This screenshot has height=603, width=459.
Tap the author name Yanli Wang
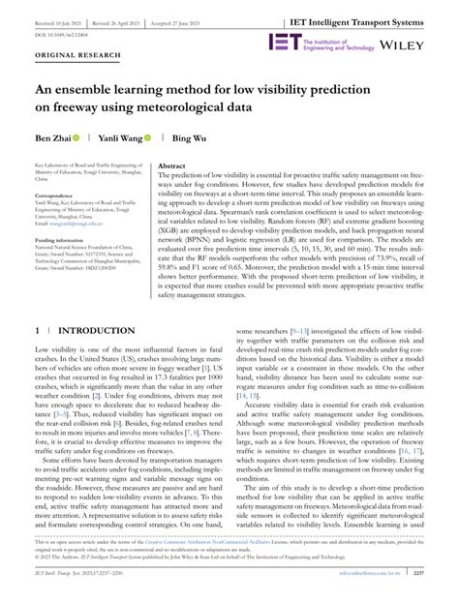tap(122, 139)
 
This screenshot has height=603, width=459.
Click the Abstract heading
tap(171, 166)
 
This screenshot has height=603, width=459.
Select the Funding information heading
tap(57, 237)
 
